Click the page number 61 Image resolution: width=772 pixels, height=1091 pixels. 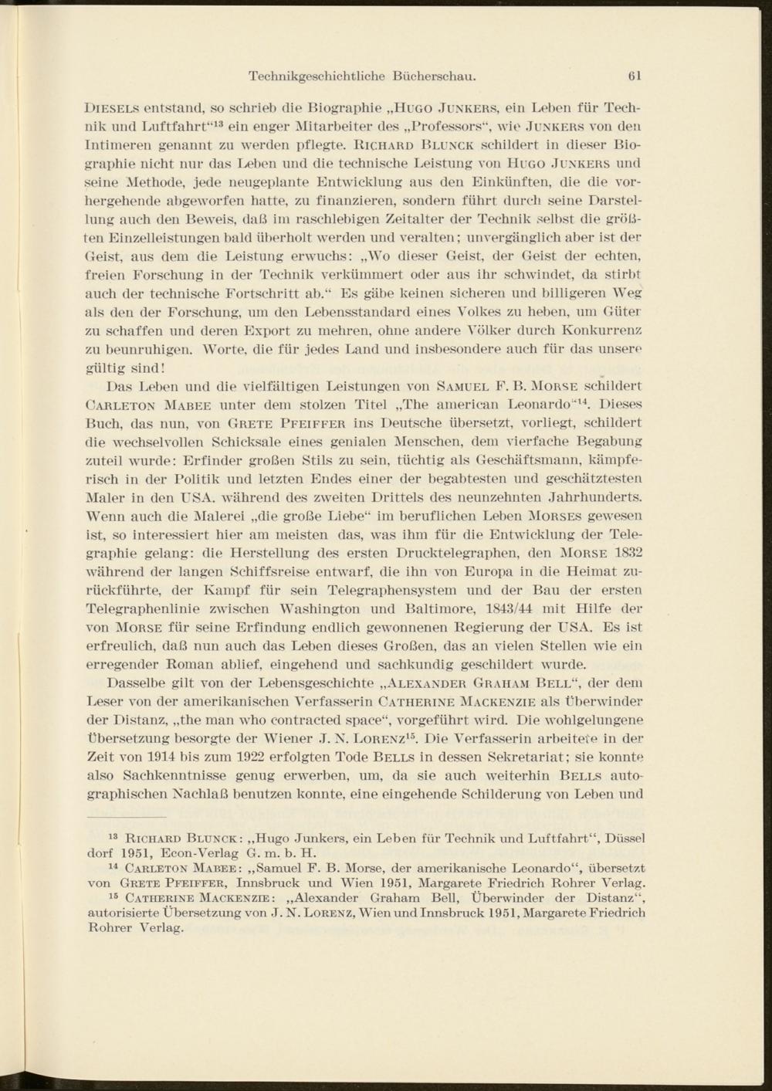(635, 76)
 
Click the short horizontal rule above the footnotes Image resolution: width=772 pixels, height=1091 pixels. (127, 816)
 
